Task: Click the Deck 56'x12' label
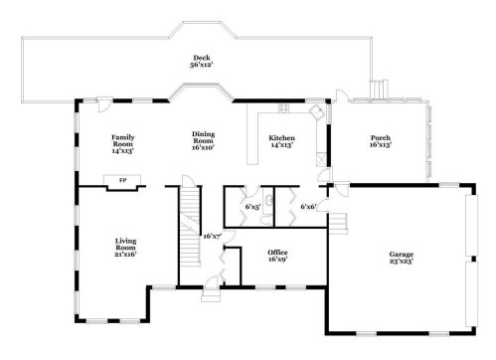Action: [202, 62]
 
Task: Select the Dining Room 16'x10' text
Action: [204, 140]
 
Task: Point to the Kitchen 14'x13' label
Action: [282, 141]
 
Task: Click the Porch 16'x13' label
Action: [381, 141]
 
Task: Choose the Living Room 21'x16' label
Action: [125, 248]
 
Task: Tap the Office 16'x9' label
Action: [277, 256]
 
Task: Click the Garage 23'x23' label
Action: [402, 258]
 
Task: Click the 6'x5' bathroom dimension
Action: [252, 207]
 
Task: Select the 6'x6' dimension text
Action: [308, 207]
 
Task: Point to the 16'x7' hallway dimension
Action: [213, 237]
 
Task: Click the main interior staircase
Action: [190, 226]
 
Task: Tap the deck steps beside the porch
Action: [379, 90]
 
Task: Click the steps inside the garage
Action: [338, 224]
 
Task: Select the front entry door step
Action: [211, 295]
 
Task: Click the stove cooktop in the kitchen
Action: [283, 107]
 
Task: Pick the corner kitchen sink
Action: [316, 110]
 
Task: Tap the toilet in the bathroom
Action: [266, 220]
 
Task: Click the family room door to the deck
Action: [105, 103]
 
